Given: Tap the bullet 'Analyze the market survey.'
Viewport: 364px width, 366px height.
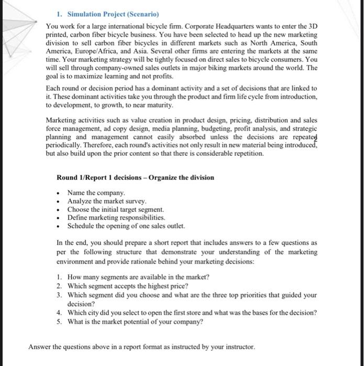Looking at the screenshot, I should [107, 201].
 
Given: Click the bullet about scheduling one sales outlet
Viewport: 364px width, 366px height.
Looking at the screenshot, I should [126, 226].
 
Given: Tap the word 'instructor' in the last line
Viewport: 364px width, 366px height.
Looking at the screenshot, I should [238, 347].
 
